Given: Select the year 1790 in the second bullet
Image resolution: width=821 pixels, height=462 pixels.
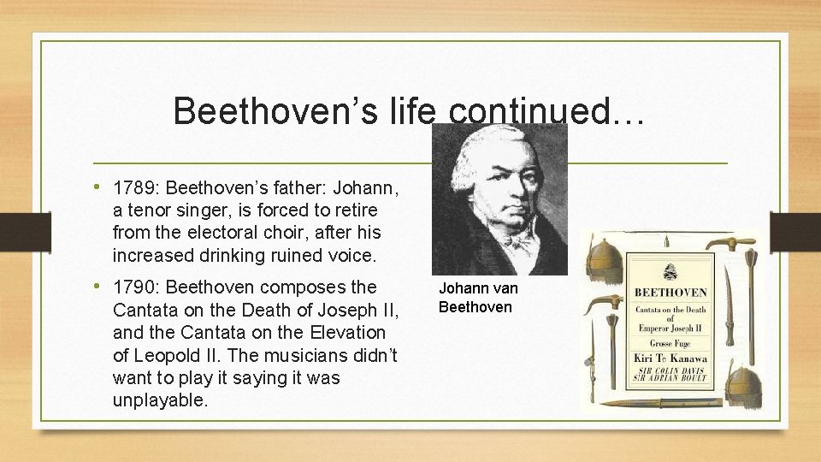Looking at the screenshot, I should point(133,287).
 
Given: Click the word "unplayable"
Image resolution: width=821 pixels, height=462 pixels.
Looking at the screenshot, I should point(159,400).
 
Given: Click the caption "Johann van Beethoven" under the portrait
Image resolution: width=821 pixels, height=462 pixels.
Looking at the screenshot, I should point(477,298).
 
